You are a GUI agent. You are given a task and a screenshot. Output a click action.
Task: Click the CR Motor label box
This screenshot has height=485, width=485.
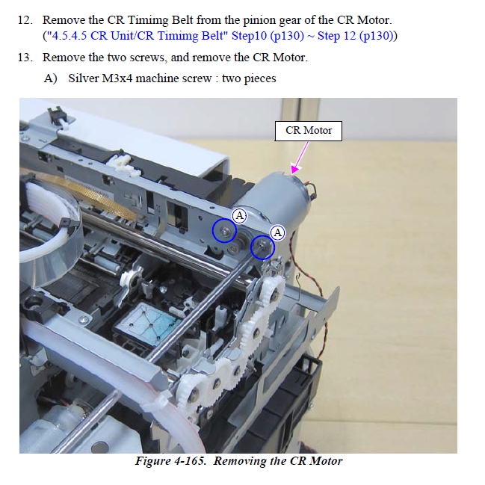(x=309, y=131)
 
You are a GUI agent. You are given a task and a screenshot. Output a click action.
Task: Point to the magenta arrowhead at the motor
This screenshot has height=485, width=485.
(x=295, y=169)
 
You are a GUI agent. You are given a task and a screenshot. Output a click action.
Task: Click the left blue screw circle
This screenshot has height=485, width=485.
(x=224, y=230)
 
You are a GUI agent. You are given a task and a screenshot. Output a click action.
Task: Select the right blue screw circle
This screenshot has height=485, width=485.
(x=262, y=247)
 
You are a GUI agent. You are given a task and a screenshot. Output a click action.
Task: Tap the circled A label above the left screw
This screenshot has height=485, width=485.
(x=239, y=215)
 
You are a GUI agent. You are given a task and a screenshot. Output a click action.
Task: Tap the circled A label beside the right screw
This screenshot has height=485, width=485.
(x=277, y=232)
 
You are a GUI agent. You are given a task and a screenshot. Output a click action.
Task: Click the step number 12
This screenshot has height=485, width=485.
(x=25, y=20)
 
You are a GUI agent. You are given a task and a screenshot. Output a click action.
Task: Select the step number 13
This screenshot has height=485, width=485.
(x=25, y=58)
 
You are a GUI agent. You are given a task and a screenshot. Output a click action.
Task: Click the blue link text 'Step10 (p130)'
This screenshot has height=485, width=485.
(x=268, y=36)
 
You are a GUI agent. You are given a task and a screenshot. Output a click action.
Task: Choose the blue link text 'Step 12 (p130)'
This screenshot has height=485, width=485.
(x=356, y=36)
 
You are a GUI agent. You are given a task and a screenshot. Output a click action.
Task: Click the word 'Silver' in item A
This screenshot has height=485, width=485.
(x=83, y=78)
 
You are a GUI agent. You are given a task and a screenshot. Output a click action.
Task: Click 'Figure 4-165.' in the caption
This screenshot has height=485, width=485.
(x=170, y=461)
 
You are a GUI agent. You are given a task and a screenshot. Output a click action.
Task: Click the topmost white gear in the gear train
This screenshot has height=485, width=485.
(x=272, y=289)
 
